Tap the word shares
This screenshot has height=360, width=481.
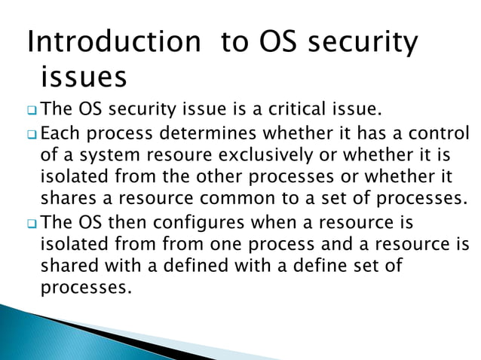click(63, 199)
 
